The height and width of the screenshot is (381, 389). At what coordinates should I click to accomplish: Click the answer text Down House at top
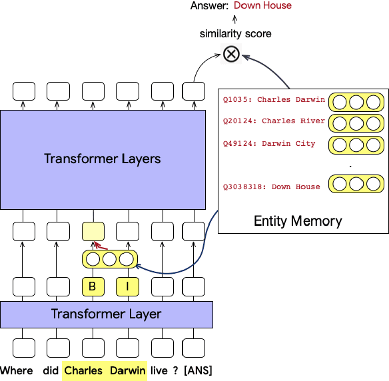pyautogui.click(x=262, y=6)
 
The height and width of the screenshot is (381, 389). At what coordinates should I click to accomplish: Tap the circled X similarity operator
pyautogui.click(x=231, y=54)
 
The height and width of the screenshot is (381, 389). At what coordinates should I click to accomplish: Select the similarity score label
pyautogui.click(x=235, y=33)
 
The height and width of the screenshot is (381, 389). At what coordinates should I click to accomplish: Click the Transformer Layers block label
pyautogui.click(x=102, y=159)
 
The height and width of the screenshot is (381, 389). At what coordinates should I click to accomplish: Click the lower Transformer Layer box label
pyautogui.click(x=106, y=314)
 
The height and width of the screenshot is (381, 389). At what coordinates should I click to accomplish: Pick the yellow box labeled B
pyautogui.click(x=93, y=287)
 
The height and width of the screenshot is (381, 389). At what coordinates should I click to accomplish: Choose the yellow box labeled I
pyautogui.click(x=127, y=287)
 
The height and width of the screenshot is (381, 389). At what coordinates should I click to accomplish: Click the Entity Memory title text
pyautogui.click(x=298, y=221)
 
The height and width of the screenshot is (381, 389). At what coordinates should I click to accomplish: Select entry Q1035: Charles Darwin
pyautogui.click(x=274, y=100)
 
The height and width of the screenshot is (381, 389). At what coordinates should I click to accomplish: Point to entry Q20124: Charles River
pyautogui.click(x=274, y=121)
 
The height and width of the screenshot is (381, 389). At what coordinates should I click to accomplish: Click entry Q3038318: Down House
pyautogui.click(x=271, y=187)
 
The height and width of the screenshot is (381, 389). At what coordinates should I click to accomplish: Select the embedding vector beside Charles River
pyautogui.click(x=357, y=123)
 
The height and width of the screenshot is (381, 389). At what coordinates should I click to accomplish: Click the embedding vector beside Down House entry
pyautogui.click(x=357, y=185)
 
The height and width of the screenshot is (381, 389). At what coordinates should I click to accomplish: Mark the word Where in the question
pyautogui.click(x=16, y=370)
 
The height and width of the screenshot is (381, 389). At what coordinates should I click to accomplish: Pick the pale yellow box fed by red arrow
pyautogui.click(x=93, y=231)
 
